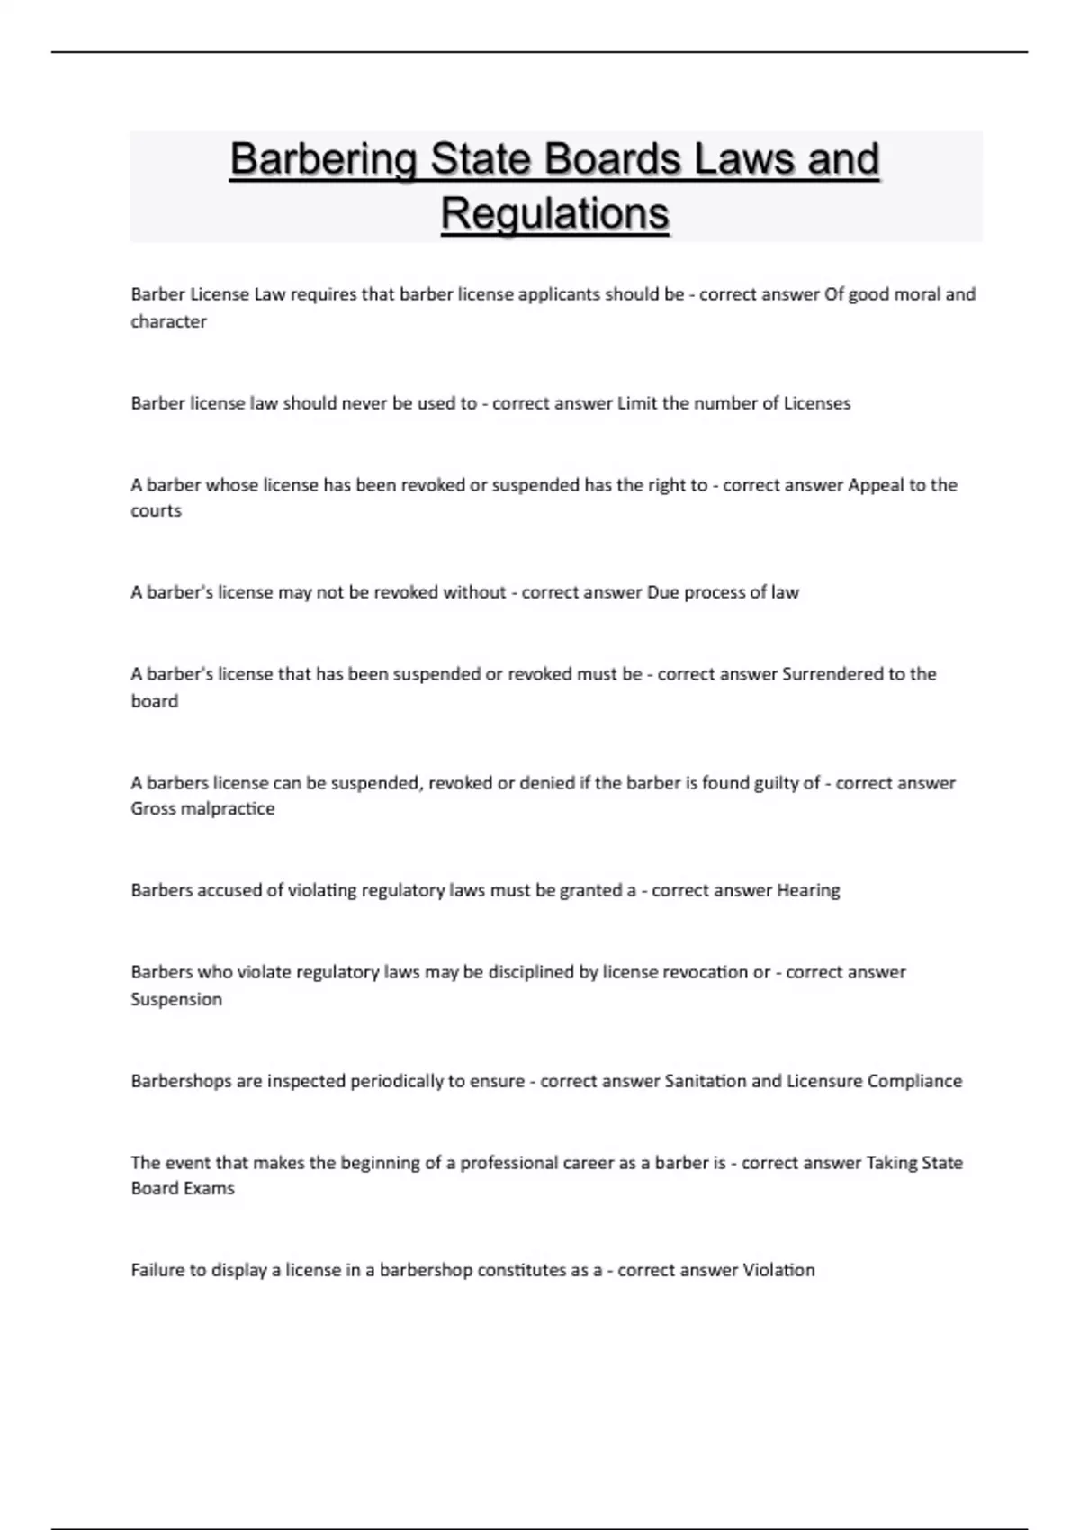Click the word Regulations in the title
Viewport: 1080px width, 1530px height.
pos(554,214)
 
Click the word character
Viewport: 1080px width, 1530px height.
pos(168,321)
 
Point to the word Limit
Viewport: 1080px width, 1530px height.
pos(637,403)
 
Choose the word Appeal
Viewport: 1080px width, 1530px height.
pos(876,485)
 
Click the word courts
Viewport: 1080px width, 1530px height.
pos(156,511)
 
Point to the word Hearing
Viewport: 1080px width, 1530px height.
pos(808,890)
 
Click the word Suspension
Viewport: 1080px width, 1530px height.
pos(176,999)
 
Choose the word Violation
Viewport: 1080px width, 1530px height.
pos(778,1270)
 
